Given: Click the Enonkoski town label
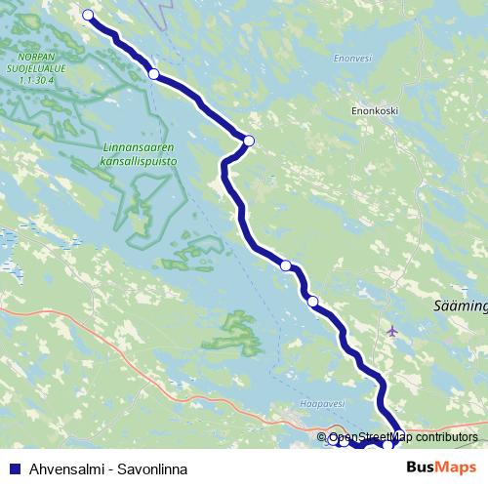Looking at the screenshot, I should tap(374, 111).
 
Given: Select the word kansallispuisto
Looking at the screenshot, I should tap(137, 161).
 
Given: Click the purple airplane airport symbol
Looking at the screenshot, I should tap(392, 330).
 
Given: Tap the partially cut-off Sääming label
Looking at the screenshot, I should tap(460, 305).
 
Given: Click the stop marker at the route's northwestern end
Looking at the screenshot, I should tap(89, 15).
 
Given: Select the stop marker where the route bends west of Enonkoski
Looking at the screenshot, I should tap(248, 141).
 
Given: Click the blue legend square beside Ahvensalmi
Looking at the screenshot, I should tap(11, 468).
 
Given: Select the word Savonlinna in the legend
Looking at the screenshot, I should tap(152, 468).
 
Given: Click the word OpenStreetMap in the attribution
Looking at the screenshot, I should tap(371, 437).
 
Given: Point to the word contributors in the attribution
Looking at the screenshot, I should tap(444, 437).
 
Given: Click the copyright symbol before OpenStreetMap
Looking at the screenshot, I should tap(322, 437).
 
